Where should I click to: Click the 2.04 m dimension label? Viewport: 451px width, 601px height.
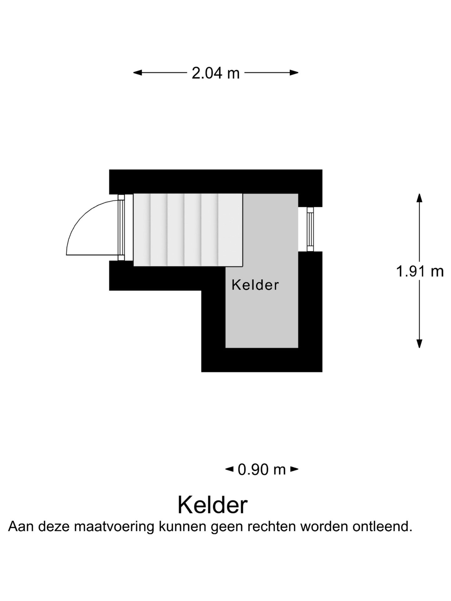tap(215, 73)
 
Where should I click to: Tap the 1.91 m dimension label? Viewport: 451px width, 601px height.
tap(420, 271)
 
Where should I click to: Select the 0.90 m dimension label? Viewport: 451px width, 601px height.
tap(262, 470)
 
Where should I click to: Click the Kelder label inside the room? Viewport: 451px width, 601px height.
tap(255, 285)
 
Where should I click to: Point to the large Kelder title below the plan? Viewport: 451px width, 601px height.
tap(213, 505)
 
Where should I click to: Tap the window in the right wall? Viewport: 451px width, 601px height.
tap(310, 229)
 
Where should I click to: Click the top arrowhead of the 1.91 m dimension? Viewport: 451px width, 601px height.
tap(419, 198)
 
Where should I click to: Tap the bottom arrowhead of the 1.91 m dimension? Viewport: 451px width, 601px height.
tap(419, 343)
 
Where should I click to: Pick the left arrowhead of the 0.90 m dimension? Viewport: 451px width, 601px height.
tap(229, 469)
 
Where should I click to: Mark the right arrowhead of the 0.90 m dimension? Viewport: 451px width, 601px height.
tap(294, 469)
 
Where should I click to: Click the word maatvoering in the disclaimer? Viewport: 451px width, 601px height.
tap(114, 527)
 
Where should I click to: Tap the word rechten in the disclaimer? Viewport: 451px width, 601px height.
tap(272, 527)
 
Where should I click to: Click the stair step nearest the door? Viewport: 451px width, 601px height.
tap(142, 230)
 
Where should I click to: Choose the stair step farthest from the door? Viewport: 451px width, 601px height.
tap(231, 230)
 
